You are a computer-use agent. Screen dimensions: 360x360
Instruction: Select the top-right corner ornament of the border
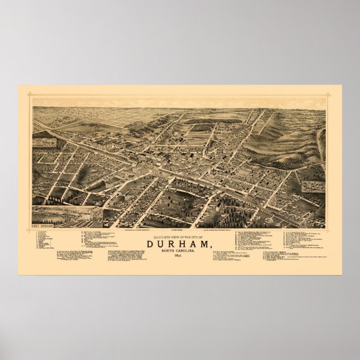(328, 95)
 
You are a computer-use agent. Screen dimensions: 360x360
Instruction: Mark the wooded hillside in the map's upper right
(291, 137)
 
